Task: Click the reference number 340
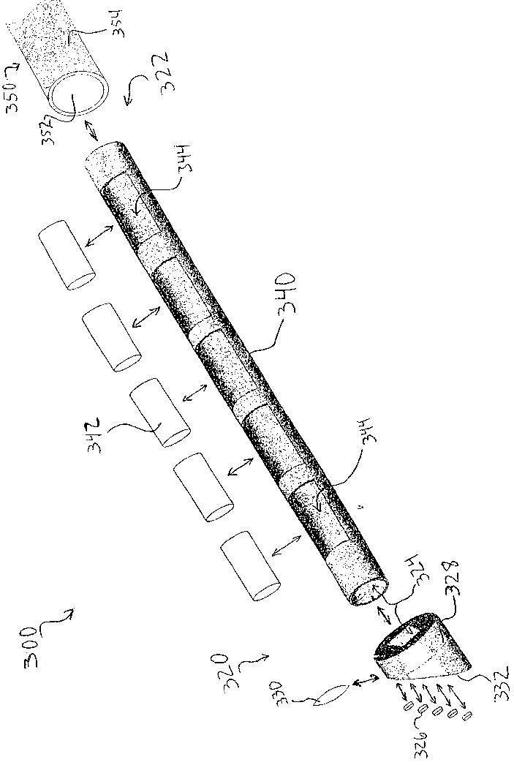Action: pos(286,293)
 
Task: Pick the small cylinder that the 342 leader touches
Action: pos(160,412)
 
